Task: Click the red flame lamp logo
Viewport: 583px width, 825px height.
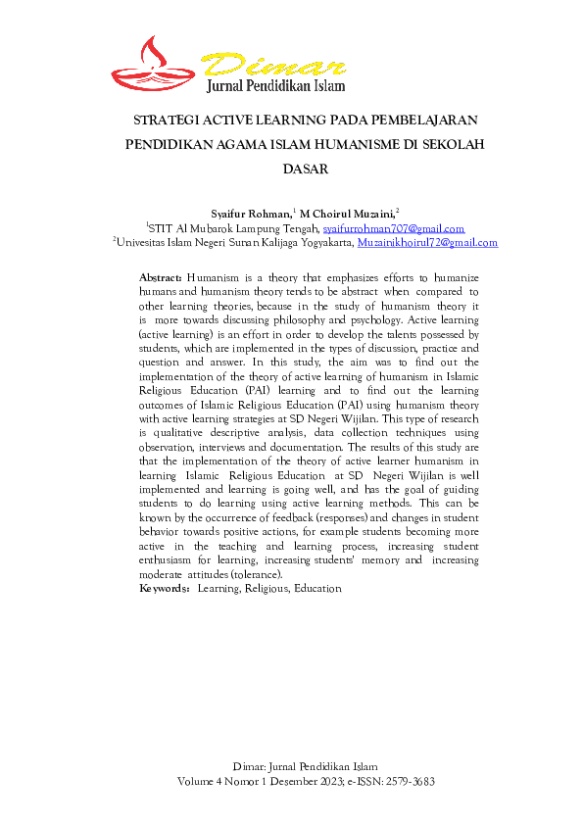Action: click(156, 64)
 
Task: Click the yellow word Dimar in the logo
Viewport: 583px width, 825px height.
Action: click(277, 65)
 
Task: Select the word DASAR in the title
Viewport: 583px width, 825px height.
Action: click(304, 169)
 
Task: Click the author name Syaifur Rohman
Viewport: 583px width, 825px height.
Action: click(250, 213)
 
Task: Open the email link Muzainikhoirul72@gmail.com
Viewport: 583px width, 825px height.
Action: click(427, 242)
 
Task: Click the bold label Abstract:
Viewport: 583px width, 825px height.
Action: click(161, 278)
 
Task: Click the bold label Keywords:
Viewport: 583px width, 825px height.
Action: click(165, 589)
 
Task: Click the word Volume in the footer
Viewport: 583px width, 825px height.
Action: click(197, 783)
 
